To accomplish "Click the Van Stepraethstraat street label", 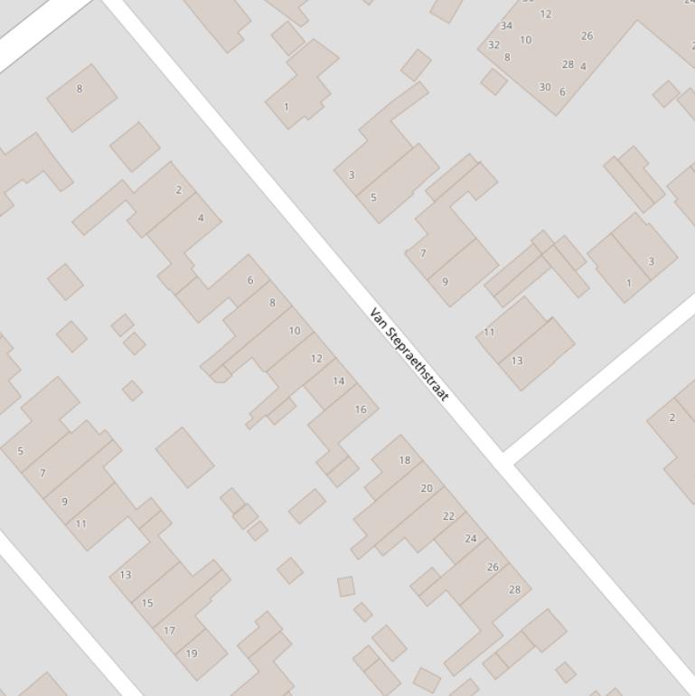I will pyautogui.click(x=409, y=355).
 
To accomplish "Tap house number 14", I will pyautogui.click(x=338, y=381).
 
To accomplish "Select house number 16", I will pyautogui.click(x=361, y=409).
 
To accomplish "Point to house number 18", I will pyautogui.click(x=404, y=460).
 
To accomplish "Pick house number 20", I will pyautogui.click(x=427, y=488).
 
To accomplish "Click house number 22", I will pyautogui.click(x=448, y=516).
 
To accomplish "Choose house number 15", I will pyautogui.click(x=147, y=603).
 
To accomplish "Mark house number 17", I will pyautogui.click(x=169, y=631).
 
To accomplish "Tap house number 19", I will pyautogui.click(x=192, y=654).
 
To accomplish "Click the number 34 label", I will pyautogui.click(x=506, y=26).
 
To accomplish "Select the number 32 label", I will pyautogui.click(x=493, y=45).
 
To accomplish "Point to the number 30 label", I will pyautogui.click(x=544, y=88).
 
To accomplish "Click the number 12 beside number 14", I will pyautogui.click(x=316, y=359).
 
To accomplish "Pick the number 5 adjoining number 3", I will pyautogui.click(x=373, y=197).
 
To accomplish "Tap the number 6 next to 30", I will pyautogui.click(x=562, y=92).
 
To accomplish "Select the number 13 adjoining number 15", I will pyautogui.click(x=126, y=575).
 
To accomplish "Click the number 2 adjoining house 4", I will pyautogui.click(x=179, y=190).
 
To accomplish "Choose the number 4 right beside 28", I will pyautogui.click(x=583, y=67).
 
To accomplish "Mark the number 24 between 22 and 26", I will pyautogui.click(x=470, y=539).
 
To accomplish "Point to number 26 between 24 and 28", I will pyautogui.click(x=493, y=568).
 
